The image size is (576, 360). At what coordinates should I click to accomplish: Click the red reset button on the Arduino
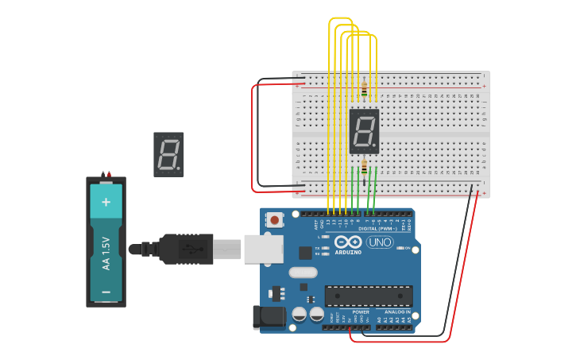tap(275, 219)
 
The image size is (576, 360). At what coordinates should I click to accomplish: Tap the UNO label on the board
tap(379, 242)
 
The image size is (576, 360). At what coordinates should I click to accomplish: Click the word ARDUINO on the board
tap(348, 252)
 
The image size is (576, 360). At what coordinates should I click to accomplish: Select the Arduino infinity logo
tap(348, 242)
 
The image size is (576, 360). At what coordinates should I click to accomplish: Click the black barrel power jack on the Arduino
tap(268, 316)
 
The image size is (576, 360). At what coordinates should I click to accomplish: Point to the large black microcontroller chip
tap(368, 296)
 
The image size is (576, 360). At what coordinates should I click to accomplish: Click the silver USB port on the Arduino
tap(263, 249)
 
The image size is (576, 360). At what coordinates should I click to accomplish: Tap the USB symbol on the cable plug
tap(190, 249)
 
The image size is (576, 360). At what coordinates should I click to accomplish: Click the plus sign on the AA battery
tap(106, 202)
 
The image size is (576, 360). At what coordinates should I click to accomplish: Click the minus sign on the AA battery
tap(106, 292)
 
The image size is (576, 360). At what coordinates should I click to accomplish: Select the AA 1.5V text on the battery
tap(106, 253)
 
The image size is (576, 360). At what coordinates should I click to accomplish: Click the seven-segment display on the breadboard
tap(364, 131)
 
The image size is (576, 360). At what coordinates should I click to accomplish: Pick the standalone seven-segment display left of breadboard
tap(168, 154)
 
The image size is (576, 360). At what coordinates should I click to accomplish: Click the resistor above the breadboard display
tap(364, 91)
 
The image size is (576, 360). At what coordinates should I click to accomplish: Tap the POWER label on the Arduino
tap(360, 312)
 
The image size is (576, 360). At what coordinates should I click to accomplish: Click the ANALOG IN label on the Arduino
tap(398, 312)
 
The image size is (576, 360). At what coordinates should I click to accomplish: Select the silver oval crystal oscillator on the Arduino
tap(303, 273)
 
